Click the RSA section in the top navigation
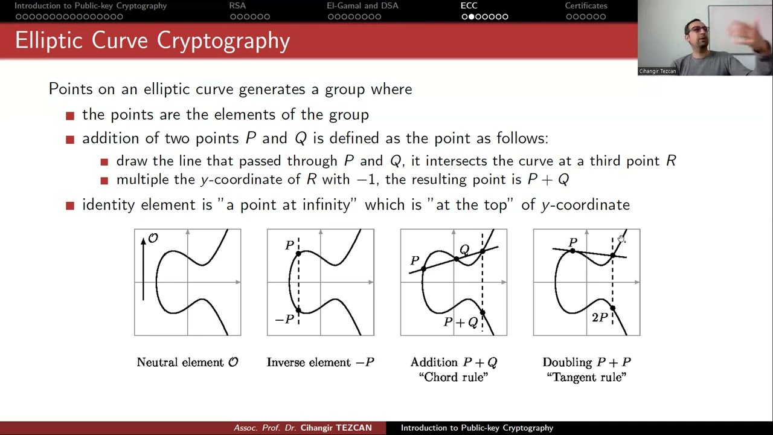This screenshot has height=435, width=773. click(237, 6)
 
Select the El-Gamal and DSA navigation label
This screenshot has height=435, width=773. click(362, 6)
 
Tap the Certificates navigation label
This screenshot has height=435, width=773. click(586, 6)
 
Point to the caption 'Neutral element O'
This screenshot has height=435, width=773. click(187, 362)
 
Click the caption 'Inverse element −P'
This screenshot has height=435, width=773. click(320, 362)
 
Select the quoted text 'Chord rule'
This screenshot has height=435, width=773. click(453, 377)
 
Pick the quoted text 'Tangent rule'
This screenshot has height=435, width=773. click(586, 377)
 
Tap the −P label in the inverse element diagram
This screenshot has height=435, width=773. click(284, 320)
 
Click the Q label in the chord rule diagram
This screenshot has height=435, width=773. click(464, 250)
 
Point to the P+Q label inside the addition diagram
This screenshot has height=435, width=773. click(461, 323)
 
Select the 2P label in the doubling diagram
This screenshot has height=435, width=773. click(599, 318)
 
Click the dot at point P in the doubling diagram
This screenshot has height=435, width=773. click(572, 251)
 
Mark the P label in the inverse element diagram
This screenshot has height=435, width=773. click(289, 245)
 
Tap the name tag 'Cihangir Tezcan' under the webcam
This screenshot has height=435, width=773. click(657, 71)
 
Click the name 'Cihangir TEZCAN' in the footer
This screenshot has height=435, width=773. click(336, 428)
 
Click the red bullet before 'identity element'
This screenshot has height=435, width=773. click(70, 205)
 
